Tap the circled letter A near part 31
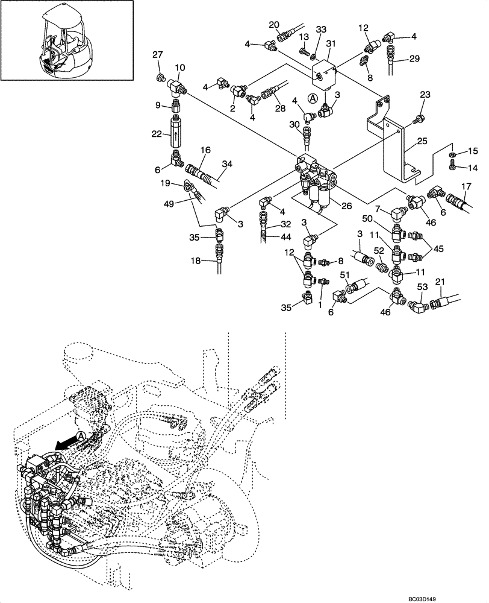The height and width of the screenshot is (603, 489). click(x=313, y=98)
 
